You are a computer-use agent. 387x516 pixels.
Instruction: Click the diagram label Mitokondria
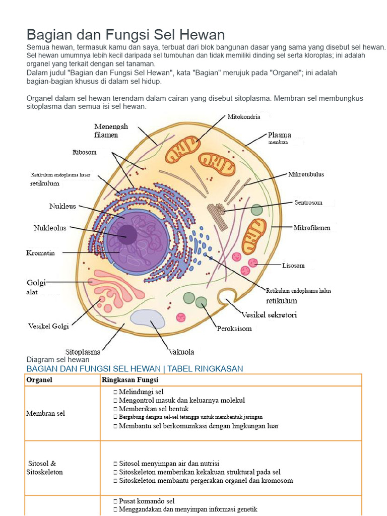pyautogui.click(x=243, y=117)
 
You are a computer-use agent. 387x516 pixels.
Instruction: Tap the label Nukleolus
pyautogui.click(x=50, y=228)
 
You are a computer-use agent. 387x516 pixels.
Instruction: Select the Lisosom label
pyautogui.click(x=293, y=265)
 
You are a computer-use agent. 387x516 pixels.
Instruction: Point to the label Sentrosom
pyautogui.click(x=308, y=203)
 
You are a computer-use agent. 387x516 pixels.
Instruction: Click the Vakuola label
pyautogui.click(x=181, y=352)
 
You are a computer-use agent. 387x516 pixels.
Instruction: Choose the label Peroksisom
pyautogui.click(x=234, y=329)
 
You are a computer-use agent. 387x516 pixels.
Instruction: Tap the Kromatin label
pyautogui.click(x=40, y=253)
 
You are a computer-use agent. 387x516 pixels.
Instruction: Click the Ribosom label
pyautogui.click(x=85, y=152)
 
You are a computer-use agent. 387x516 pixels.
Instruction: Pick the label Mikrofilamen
pyautogui.click(x=312, y=228)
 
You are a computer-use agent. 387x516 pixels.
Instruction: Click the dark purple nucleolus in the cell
pyautogui.click(x=127, y=234)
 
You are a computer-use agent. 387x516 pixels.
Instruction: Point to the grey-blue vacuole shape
pyautogui.click(x=148, y=318)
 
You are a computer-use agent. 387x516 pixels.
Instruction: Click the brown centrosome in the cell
pyautogui.click(x=218, y=216)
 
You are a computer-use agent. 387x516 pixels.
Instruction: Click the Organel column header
pyautogui.click(x=39, y=380)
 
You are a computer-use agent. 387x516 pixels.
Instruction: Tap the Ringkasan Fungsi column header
pyautogui.click(x=130, y=380)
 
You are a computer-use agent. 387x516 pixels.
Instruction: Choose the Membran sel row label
pyautogui.click(x=45, y=413)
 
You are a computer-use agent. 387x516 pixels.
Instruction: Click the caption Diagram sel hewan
pyautogui.click(x=58, y=360)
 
